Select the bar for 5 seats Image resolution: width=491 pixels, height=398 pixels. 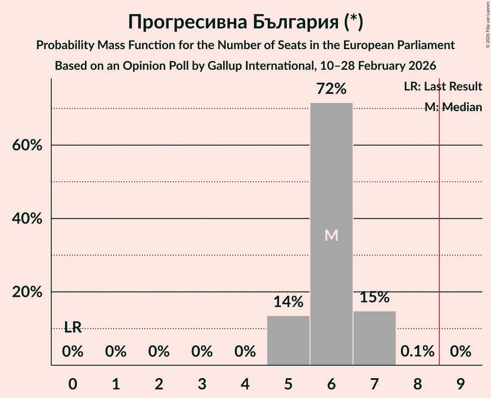288,340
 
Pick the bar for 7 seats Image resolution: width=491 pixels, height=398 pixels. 374,338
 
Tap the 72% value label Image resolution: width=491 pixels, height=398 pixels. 331,89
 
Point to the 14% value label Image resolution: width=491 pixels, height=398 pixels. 288,302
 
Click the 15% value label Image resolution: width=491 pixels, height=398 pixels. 374,297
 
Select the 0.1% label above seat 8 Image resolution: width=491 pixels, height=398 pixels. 417,351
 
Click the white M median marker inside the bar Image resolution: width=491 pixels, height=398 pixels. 331,235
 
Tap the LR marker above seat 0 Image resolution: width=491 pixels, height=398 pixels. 73,327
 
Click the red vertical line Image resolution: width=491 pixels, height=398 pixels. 439,215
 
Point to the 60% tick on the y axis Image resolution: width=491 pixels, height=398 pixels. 27,146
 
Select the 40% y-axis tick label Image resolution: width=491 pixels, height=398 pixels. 27,219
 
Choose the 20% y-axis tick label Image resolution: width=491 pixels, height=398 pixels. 27,292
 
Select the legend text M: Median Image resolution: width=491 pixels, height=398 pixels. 453,107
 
